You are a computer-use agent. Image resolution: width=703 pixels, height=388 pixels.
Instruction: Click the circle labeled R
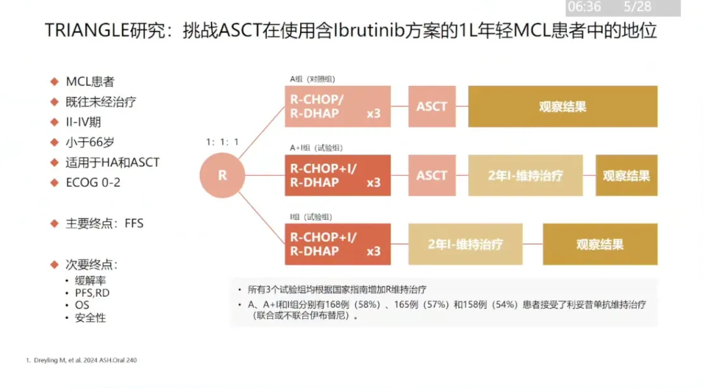[222, 176]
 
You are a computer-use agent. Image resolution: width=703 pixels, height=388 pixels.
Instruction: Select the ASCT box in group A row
[432, 106]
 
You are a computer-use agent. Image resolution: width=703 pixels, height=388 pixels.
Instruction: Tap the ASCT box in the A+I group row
[432, 176]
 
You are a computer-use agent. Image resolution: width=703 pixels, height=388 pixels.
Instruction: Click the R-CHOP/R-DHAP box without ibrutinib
[337, 106]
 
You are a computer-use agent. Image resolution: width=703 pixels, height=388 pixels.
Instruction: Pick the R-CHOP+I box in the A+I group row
[337, 176]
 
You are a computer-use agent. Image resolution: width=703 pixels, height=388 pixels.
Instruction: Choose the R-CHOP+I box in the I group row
[337, 244]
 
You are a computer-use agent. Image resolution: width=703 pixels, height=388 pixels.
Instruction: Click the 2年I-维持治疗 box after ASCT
[525, 176]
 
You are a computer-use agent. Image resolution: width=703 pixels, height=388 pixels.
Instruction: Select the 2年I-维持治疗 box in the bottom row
[465, 244]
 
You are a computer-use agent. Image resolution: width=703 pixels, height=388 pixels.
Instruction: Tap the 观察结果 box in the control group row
[562, 106]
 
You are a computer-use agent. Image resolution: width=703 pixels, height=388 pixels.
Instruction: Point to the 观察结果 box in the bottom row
[600, 244]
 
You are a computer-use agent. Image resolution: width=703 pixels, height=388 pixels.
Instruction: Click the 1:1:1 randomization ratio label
[223, 142]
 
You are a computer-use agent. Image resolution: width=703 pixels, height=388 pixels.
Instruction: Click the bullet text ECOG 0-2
[93, 182]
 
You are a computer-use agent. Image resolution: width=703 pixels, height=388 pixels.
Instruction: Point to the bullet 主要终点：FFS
[104, 223]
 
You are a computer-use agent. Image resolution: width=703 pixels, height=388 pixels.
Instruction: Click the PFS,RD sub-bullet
[92, 293]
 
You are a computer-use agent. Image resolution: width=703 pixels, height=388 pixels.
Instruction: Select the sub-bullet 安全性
[90, 318]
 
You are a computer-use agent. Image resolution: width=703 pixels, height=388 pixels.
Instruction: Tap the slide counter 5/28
[637, 7]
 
